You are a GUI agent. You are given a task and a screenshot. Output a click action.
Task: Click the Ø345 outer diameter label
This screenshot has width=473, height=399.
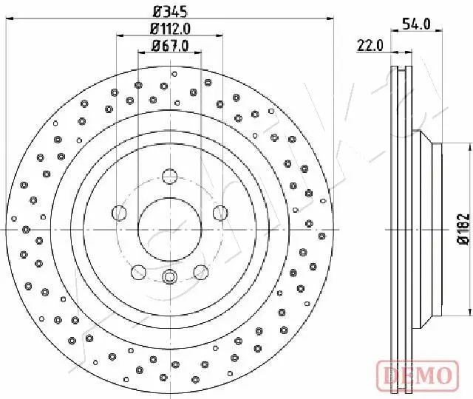pos(171,10)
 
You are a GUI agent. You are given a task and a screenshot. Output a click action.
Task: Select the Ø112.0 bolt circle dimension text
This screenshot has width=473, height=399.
pos(171,29)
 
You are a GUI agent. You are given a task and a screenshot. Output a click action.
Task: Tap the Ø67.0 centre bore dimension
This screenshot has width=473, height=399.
pos(171,45)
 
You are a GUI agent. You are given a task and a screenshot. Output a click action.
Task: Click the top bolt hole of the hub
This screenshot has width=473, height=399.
pos(169,176)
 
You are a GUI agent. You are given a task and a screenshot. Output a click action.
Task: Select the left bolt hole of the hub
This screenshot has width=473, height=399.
pos(119,213)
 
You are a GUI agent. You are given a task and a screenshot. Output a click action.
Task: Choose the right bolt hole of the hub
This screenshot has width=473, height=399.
pos(220,213)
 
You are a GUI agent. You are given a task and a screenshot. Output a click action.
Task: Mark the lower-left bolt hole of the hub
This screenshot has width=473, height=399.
pos(138,272)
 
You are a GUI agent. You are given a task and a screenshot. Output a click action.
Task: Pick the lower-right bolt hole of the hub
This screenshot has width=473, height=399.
pos(200,272)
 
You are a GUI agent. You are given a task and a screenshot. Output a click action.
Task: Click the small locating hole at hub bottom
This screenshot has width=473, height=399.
pos(169,277)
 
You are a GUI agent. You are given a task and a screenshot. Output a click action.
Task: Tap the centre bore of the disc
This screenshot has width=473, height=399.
pos(169,229)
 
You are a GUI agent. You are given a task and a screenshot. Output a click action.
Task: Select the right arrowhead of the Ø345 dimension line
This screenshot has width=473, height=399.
pos(333,21)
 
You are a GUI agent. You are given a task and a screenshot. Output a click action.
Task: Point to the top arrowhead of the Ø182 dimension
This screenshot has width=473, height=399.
pos(445,146)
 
